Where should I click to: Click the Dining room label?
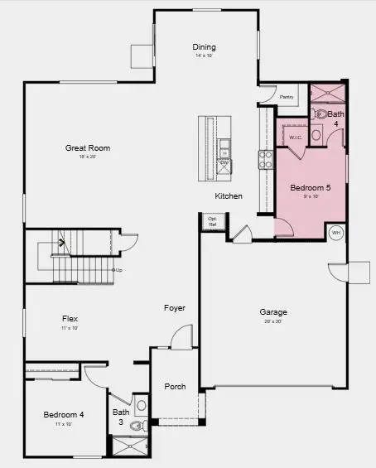204,47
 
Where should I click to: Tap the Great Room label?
88,148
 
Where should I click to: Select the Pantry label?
287,97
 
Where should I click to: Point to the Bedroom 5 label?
310,188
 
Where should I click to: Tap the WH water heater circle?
336,233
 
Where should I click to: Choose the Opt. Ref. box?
212,221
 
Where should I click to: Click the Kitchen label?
229,196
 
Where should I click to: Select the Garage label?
273,312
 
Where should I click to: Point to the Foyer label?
174,308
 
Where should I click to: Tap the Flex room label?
70,318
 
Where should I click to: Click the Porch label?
175,387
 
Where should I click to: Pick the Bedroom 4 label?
64,414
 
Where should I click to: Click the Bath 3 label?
121,417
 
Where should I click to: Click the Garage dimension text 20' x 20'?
273,321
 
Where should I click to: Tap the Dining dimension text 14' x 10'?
204,56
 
